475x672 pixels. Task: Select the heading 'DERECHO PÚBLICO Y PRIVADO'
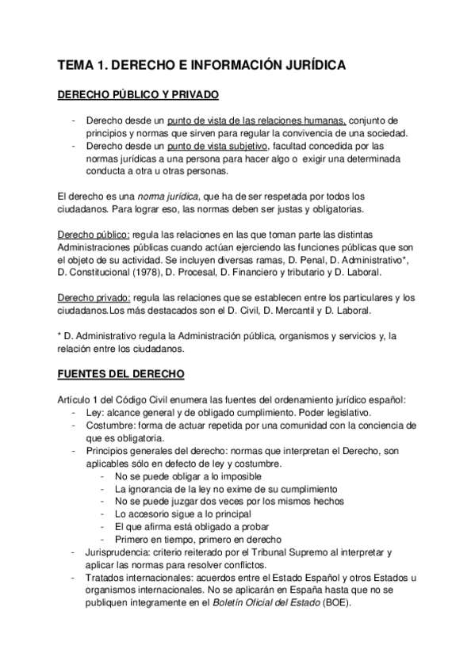[x=140, y=95]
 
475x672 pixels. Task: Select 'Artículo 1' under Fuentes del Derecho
[x=82, y=400]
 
